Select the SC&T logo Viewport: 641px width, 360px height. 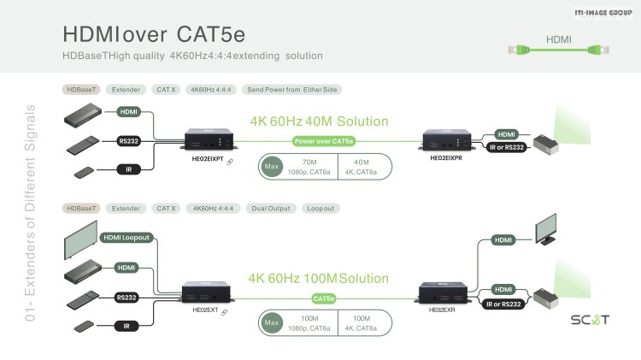(590, 319)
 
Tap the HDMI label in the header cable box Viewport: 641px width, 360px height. (558, 38)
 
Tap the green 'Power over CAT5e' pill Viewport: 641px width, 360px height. (323, 141)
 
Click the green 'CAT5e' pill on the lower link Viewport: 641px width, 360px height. (323, 298)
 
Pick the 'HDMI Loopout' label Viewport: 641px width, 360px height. (126, 238)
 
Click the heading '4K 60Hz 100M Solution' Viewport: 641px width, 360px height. (318, 278)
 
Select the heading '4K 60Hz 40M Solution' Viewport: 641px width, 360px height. (319, 121)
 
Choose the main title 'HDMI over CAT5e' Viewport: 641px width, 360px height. (154, 34)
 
